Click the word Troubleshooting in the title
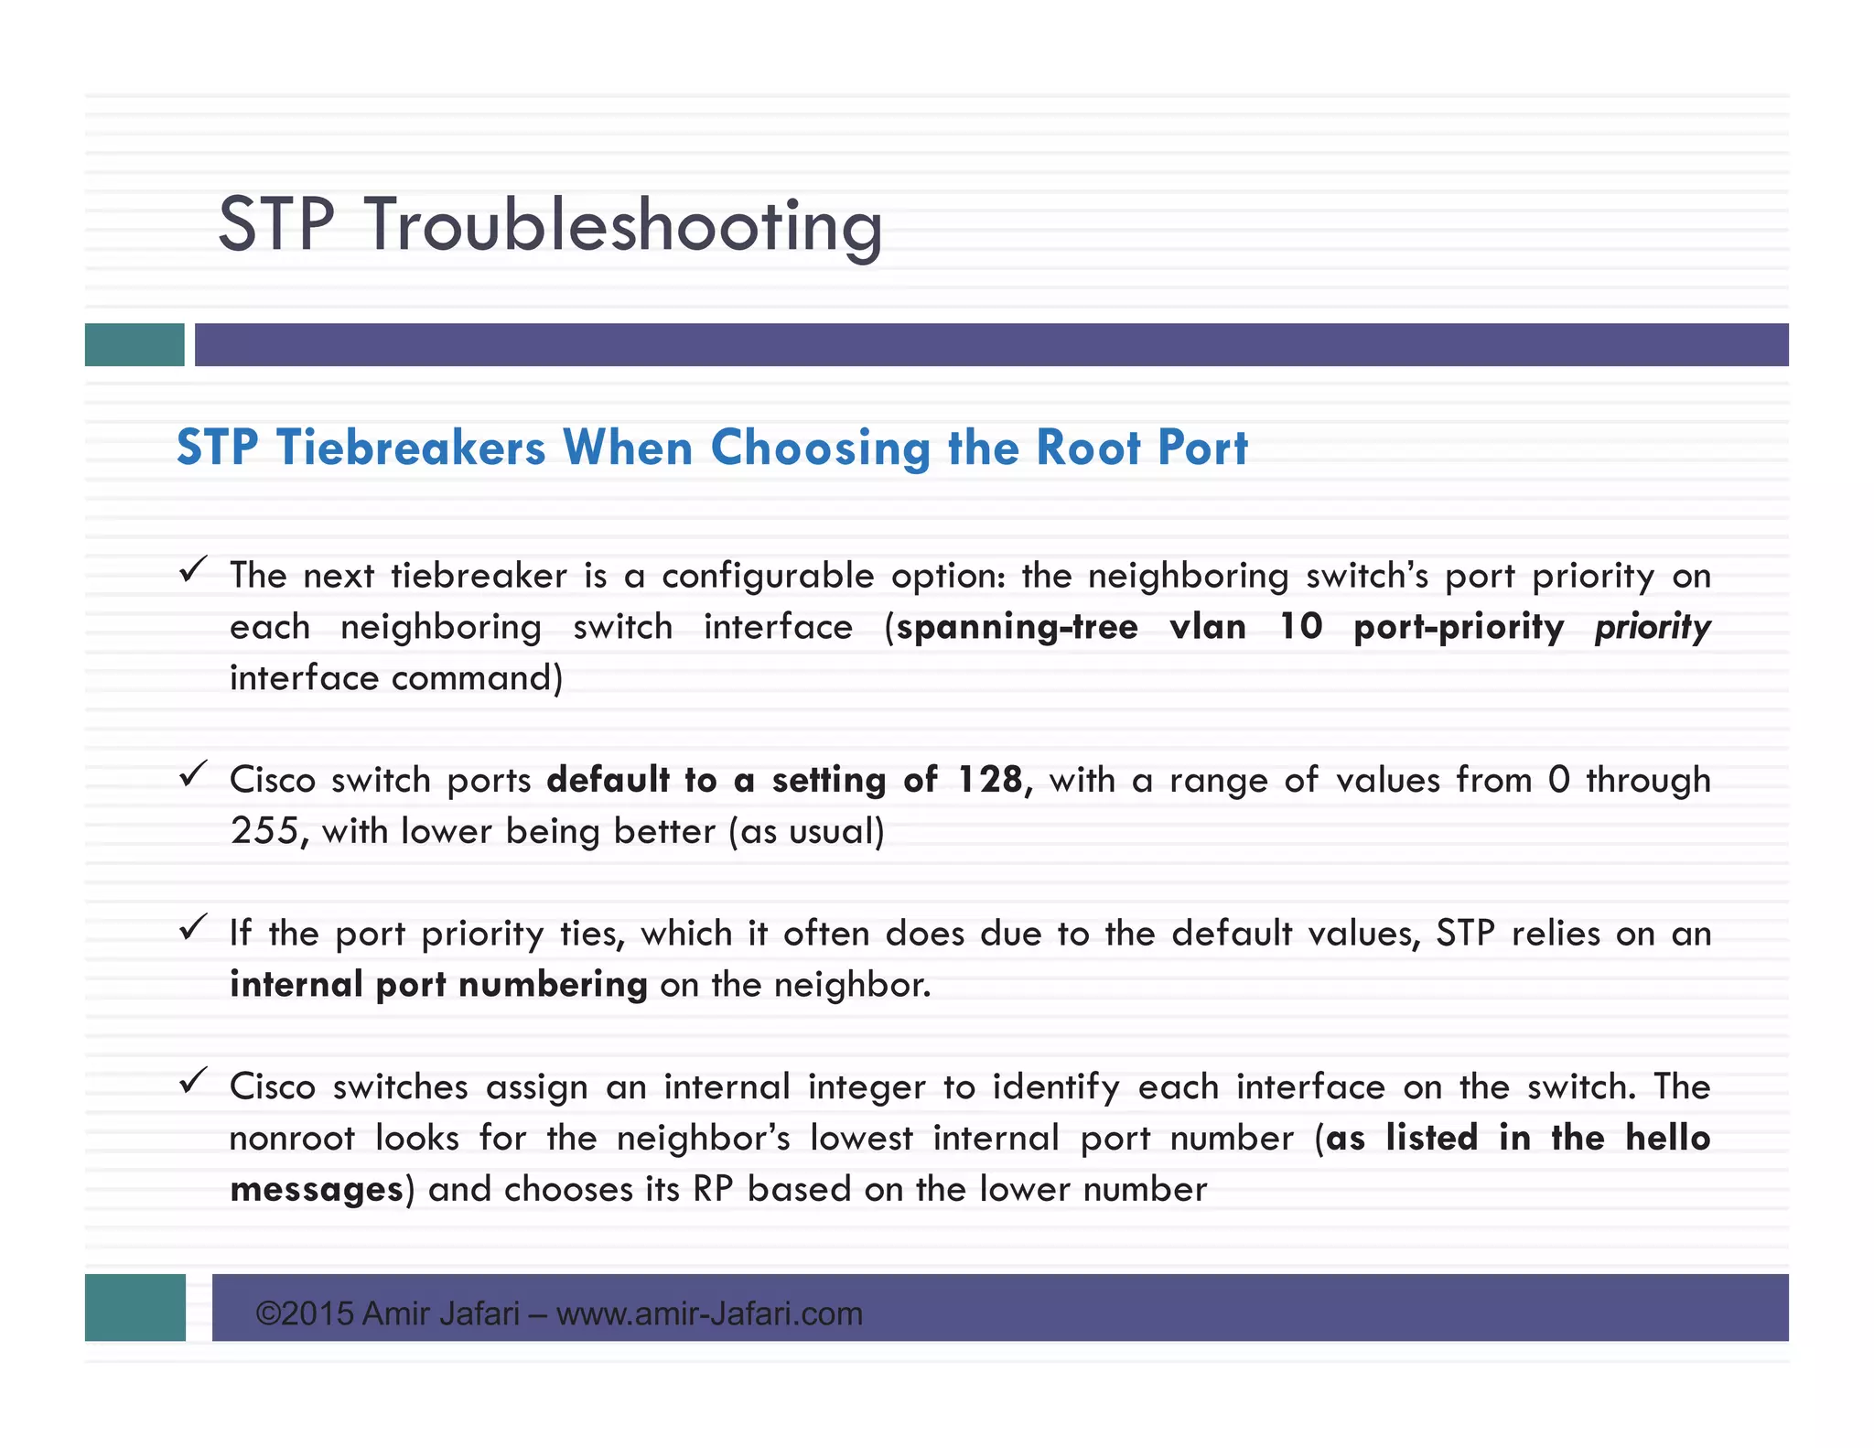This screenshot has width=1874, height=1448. point(625,225)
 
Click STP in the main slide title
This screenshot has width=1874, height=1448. point(276,225)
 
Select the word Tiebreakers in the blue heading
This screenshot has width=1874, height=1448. point(411,448)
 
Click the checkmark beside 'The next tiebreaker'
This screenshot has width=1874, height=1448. point(192,571)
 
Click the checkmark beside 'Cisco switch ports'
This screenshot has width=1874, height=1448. point(192,776)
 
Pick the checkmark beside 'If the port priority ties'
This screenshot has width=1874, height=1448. point(192,929)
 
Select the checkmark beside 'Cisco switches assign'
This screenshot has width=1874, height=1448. point(192,1082)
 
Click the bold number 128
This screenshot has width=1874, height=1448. point(991,780)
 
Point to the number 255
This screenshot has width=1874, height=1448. point(264,831)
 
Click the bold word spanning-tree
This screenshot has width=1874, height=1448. point(1017,627)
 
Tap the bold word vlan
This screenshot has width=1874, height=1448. point(1208,627)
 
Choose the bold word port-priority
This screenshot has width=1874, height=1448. point(1459,627)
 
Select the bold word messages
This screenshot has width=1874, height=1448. point(316,1189)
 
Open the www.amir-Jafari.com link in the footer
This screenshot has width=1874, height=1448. point(709,1314)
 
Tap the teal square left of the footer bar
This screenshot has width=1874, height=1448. point(135,1307)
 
